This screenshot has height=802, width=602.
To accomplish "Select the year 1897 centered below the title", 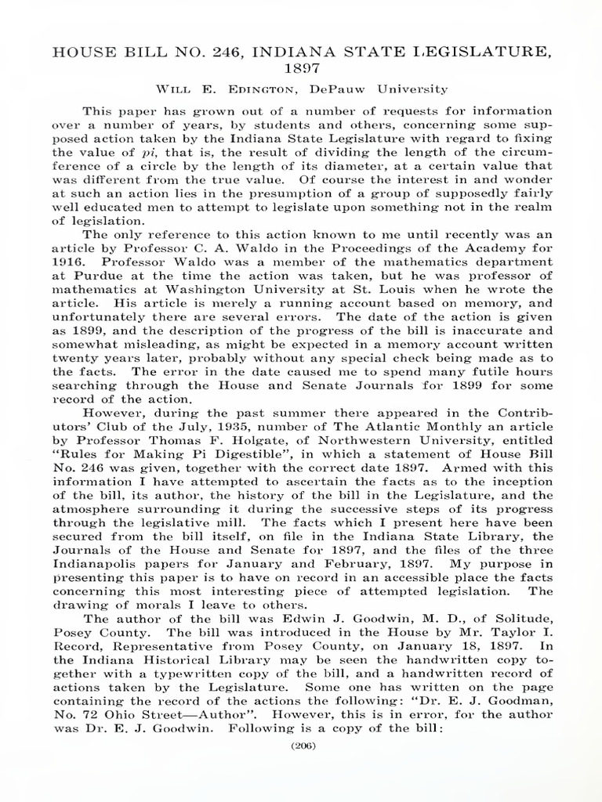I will coord(300,70).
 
